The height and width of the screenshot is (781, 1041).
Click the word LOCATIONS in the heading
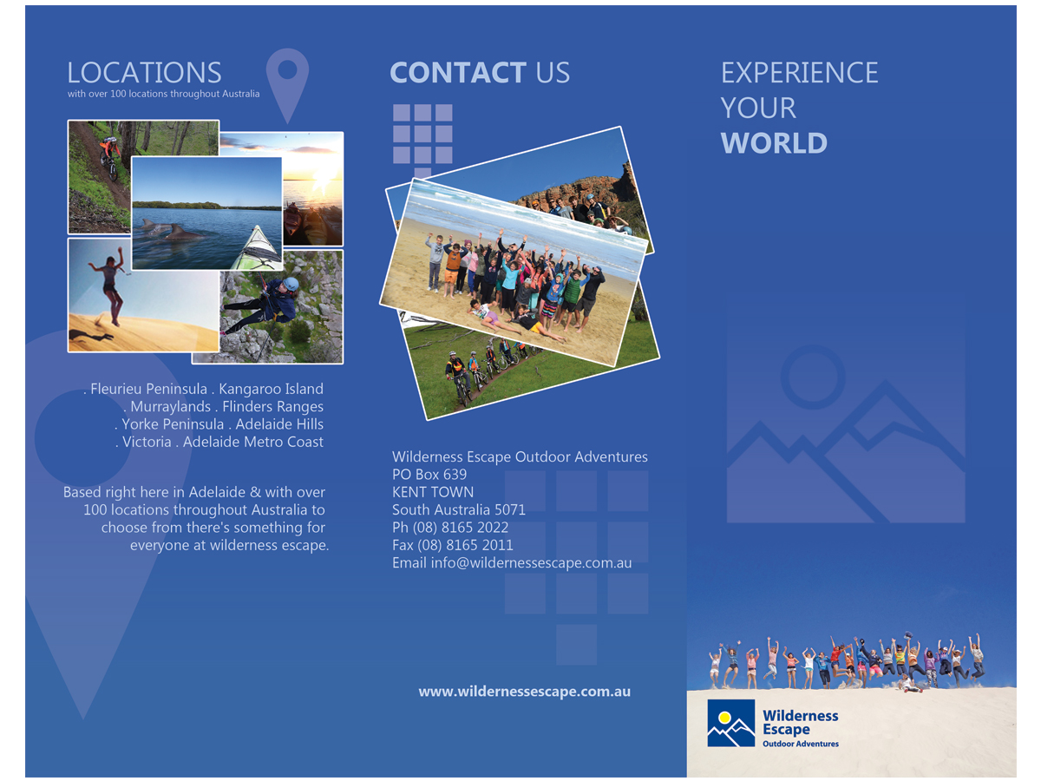tap(144, 73)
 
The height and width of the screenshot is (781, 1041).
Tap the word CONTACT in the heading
tap(458, 73)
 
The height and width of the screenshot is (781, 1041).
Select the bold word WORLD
tap(774, 142)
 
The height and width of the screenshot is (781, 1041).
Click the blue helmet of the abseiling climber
tap(291, 285)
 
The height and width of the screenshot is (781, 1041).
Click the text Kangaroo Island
tap(271, 389)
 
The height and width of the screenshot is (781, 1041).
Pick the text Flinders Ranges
tap(272, 406)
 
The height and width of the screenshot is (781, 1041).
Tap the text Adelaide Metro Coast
tap(252, 442)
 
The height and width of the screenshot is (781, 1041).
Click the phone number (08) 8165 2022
tap(460, 528)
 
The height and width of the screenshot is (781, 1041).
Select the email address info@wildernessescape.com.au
tap(531, 563)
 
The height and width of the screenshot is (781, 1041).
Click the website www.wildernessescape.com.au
tap(525, 692)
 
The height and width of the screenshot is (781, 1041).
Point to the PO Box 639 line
tap(429, 474)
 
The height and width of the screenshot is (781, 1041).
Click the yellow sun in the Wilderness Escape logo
tap(724, 718)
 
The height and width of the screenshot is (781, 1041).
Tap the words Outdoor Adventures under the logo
tap(801, 744)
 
